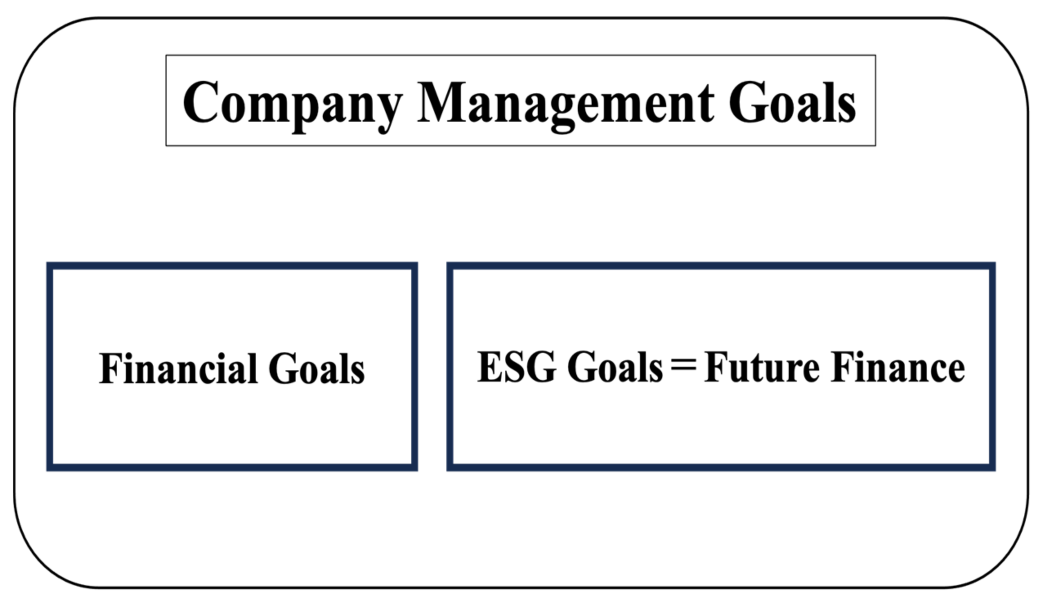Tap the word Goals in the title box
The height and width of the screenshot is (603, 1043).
[792, 103]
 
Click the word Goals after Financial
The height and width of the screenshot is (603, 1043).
[317, 368]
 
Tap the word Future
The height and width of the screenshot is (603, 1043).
[762, 367]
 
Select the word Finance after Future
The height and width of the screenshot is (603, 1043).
[898, 367]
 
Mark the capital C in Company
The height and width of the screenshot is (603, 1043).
[200, 102]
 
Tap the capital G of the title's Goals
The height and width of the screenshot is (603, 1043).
[748, 102]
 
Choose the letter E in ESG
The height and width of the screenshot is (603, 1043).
[490, 367]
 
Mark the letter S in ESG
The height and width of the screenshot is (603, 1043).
[514, 367]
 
